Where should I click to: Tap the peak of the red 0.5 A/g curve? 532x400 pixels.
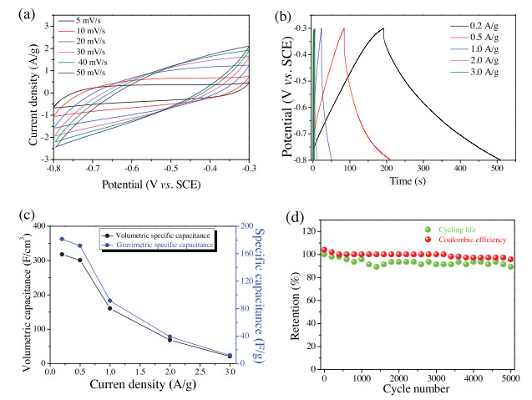point(344,29)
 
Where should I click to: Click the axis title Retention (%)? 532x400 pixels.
point(296,296)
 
